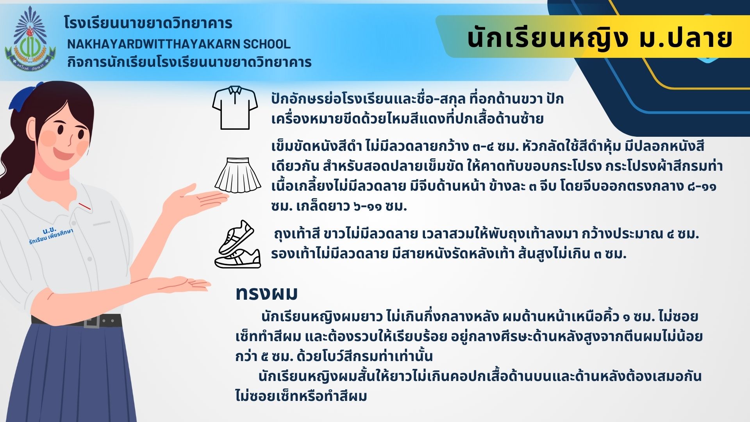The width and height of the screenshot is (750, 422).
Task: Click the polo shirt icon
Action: point(235,108)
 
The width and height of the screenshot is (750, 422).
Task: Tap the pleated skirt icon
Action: point(237,175)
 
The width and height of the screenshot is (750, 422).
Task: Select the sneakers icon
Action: point(237,244)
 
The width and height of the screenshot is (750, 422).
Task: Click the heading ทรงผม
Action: point(266,293)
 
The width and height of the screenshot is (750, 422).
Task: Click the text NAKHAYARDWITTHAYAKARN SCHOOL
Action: point(179,44)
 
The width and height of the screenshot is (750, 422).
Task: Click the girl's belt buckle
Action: point(92,321)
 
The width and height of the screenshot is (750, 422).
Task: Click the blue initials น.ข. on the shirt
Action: point(50,230)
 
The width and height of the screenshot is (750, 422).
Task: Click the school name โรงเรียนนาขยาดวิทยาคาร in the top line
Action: point(148,23)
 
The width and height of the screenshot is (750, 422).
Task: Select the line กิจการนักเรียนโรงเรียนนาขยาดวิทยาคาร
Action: point(189,62)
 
